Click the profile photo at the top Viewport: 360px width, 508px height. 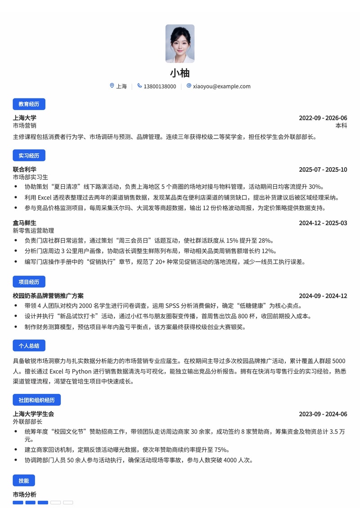(180, 44)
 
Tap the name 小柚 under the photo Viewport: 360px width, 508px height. (180, 73)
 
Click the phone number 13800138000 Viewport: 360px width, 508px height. (160, 86)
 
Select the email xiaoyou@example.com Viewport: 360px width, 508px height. (221, 86)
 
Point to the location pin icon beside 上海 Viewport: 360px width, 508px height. (112, 86)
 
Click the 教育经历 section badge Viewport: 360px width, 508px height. (29, 104)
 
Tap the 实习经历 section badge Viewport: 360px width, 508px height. (29, 156)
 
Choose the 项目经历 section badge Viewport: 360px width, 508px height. (29, 282)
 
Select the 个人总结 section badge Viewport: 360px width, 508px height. (29, 346)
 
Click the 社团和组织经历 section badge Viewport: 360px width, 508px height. (36, 400)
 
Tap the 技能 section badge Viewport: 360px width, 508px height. (24, 481)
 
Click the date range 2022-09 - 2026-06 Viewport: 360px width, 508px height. (323, 118)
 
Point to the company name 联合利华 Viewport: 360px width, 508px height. (25, 169)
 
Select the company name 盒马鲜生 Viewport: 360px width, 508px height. (25, 223)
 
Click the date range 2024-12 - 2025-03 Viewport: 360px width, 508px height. (323, 223)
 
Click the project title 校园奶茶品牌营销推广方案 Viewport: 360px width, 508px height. (48, 296)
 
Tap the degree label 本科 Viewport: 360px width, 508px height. (341, 126)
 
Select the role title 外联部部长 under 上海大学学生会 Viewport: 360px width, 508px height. (27, 422)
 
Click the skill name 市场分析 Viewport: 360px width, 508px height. (25, 495)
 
